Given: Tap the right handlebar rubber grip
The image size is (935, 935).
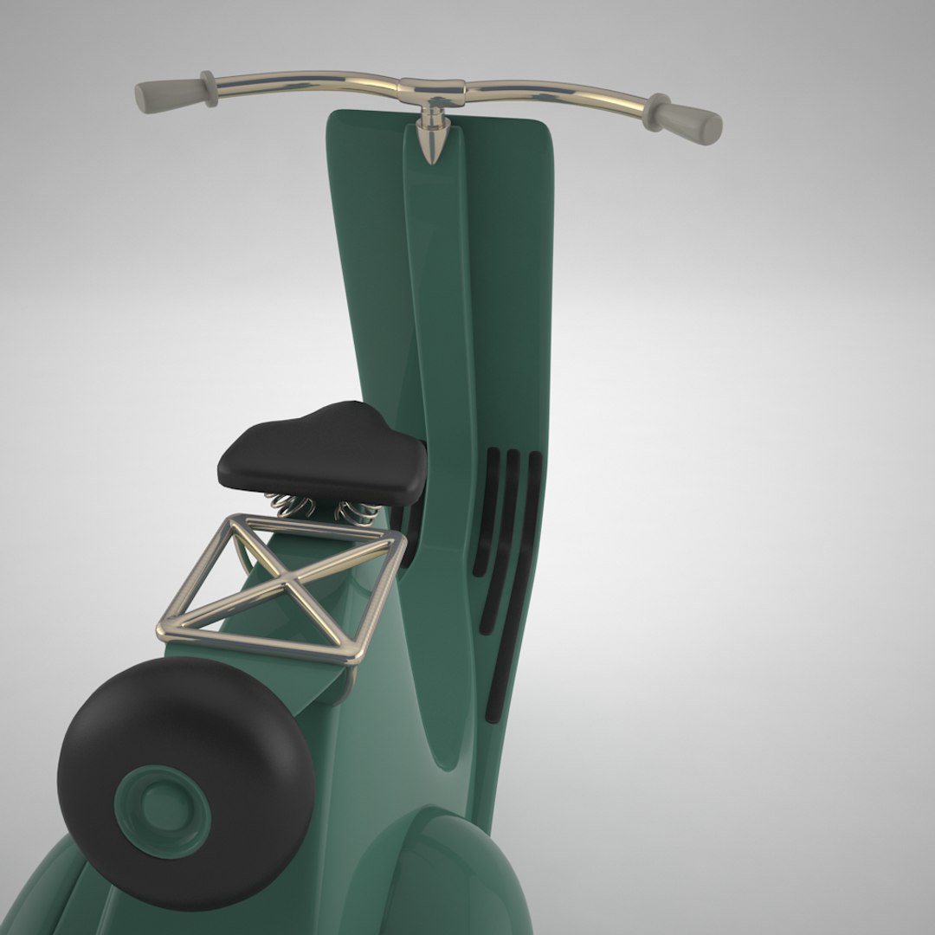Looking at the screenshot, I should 694,120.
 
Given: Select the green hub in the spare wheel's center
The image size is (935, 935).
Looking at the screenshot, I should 163,806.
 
